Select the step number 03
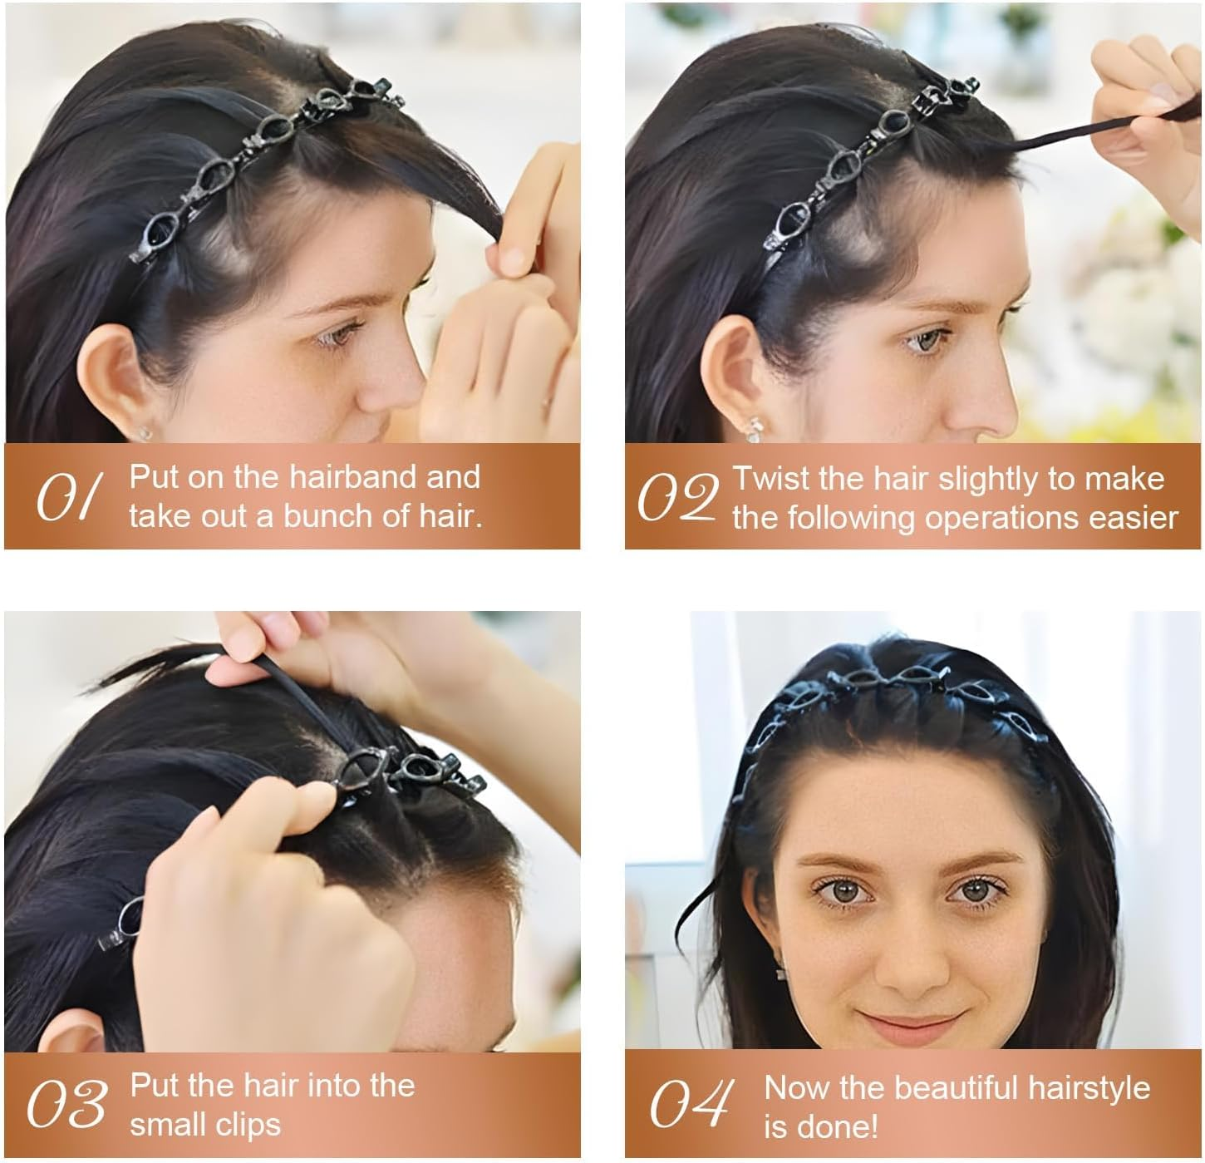(x=66, y=1105)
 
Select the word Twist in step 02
(x=770, y=479)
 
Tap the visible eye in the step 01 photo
(x=342, y=336)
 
